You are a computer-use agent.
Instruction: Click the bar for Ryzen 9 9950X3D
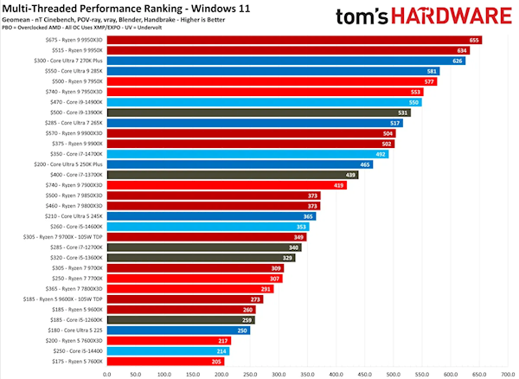coord(294,40)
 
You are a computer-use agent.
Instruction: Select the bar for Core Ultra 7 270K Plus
coord(285,61)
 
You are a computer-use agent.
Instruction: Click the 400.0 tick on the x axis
coord(336,375)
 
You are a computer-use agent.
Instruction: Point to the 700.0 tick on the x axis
coord(507,375)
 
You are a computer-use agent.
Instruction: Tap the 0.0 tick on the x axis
coord(107,375)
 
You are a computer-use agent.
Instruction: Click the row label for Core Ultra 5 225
coord(76,330)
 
